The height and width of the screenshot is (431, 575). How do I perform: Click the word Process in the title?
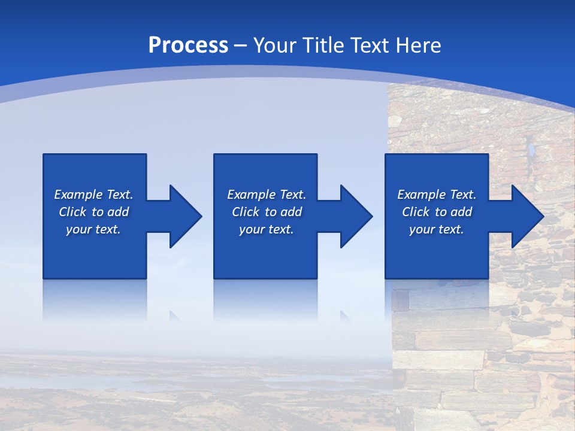click(x=188, y=45)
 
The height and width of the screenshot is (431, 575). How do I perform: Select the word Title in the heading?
click(x=326, y=45)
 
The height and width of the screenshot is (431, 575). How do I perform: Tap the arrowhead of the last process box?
click(x=526, y=216)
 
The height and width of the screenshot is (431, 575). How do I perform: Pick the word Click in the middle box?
click(x=244, y=212)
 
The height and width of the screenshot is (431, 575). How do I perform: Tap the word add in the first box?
click(x=118, y=212)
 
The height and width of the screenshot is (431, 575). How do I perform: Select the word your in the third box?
click(x=422, y=229)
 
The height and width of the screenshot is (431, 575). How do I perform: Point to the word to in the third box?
click(x=441, y=212)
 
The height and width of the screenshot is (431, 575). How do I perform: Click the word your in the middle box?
click(x=251, y=229)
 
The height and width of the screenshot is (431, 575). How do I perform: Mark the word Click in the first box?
click(x=71, y=212)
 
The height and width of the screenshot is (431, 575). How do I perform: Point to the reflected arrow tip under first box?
click(x=175, y=315)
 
